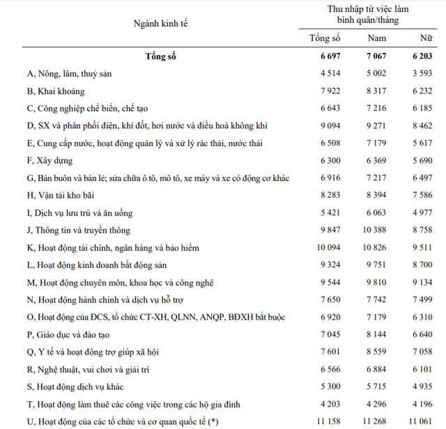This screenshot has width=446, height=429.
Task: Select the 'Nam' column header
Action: (x=376, y=37)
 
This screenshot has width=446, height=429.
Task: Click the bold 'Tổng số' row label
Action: (x=161, y=56)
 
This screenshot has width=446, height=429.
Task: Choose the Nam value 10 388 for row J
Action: (x=375, y=231)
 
